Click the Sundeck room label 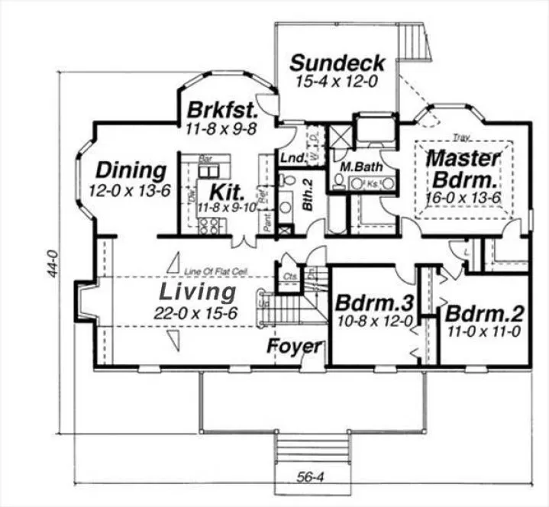337,63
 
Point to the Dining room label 131,170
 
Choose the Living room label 197,291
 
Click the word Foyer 294,346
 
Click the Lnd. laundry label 292,157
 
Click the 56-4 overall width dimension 309,478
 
